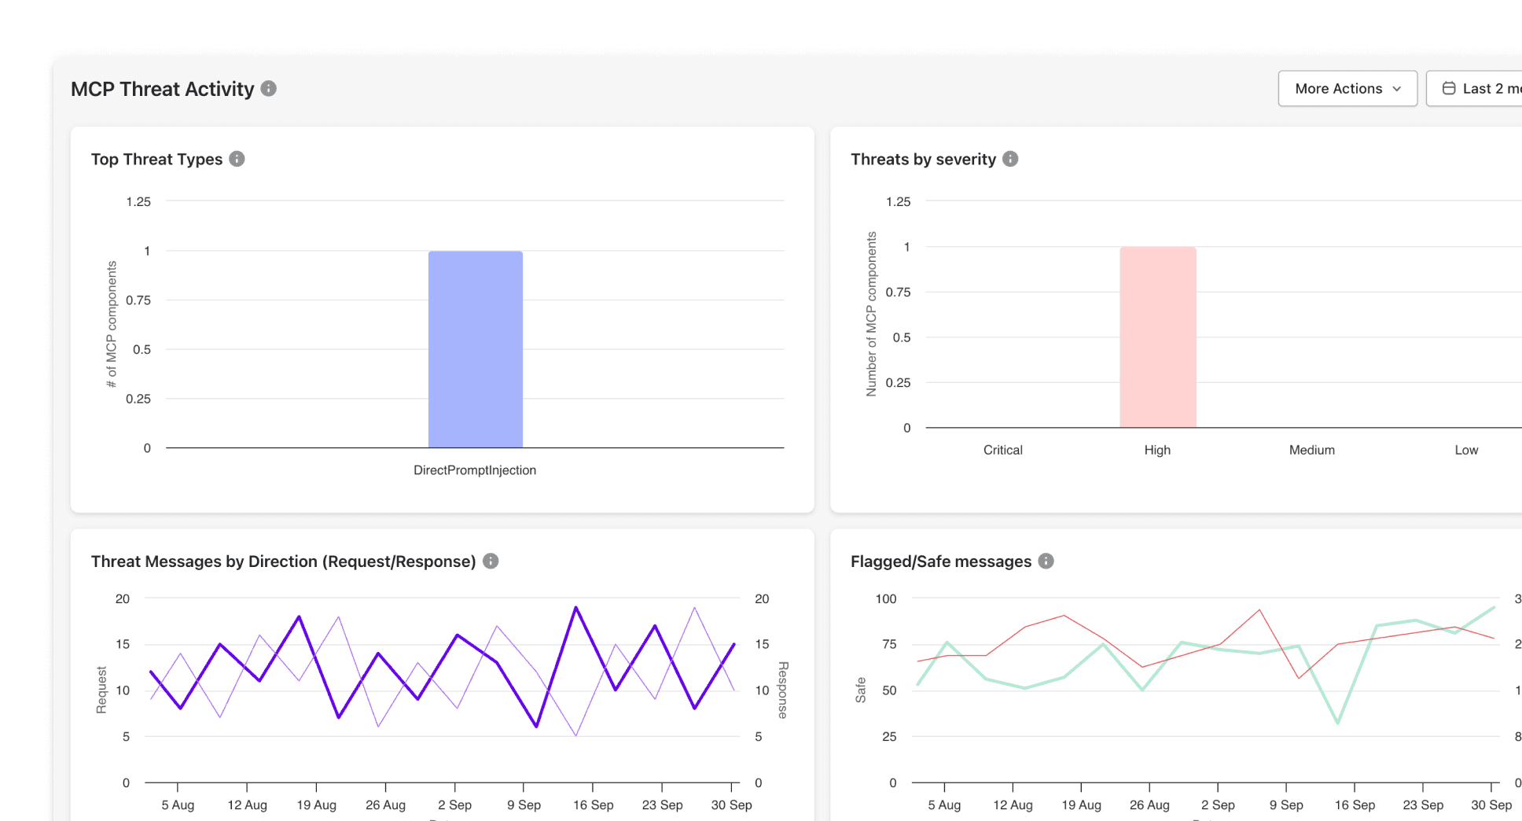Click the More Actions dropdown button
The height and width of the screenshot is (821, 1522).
pyautogui.click(x=1347, y=89)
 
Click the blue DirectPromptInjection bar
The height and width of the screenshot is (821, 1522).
pyautogui.click(x=475, y=349)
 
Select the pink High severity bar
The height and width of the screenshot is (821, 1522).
pyautogui.click(x=1157, y=337)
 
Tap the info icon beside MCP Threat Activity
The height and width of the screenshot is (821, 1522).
pyautogui.click(x=269, y=89)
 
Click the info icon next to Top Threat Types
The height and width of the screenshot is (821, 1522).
pyautogui.click(x=237, y=159)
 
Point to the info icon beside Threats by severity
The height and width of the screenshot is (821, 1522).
pyautogui.click(x=1010, y=159)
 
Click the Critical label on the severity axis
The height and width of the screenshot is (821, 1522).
pyautogui.click(x=1002, y=450)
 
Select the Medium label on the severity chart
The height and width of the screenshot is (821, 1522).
pyautogui.click(x=1311, y=450)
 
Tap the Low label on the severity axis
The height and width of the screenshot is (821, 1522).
pyautogui.click(x=1465, y=450)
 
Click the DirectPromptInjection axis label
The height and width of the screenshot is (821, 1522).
pyautogui.click(x=475, y=470)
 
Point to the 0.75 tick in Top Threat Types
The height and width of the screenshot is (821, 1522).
pyautogui.click(x=138, y=300)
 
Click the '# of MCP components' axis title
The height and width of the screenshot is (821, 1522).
pyautogui.click(x=112, y=324)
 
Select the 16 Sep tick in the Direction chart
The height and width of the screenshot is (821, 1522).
pyautogui.click(x=593, y=805)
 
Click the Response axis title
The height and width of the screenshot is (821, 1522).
pyautogui.click(x=783, y=690)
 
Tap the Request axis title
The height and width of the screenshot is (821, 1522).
pyautogui.click(x=101, y=690)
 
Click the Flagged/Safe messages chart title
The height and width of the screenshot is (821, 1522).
pyautogui.click(x=940, y=561)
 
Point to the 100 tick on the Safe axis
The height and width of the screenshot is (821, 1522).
pyautogui.click(x=886, y=599)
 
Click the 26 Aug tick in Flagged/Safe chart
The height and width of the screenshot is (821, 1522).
pyautogui.click(x=1149, y=805)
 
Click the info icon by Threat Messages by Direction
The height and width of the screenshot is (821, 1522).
pyautogui.click(x=491, y=561)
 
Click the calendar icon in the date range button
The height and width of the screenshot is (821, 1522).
pyautogui.click(x=1449, y=89)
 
